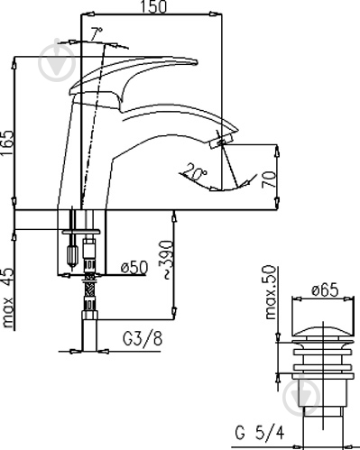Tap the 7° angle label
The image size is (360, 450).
pos(97,33)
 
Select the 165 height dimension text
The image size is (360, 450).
pos(7,142)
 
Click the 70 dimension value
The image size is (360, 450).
pos(268,179)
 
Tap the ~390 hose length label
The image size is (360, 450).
pos(166,260)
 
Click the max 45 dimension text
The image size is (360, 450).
pos(8,297)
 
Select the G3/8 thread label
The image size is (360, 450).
pos(143,338)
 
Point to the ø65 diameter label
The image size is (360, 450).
pos(325,289)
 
